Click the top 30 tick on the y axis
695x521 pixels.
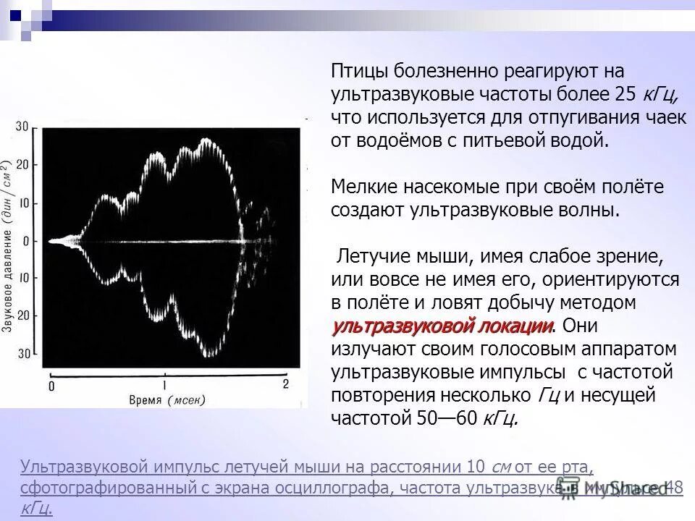[22, 127]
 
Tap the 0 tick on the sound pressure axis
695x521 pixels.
[25, 240]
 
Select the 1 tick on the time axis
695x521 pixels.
[165, 384]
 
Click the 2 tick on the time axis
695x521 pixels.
[285, 384]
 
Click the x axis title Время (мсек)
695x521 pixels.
[167, 400]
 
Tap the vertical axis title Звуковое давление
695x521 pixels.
[7, 246]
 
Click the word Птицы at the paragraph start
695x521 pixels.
[360, 72]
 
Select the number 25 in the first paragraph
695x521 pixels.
[625, 95]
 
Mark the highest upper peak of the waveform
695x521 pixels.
[208, 137]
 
